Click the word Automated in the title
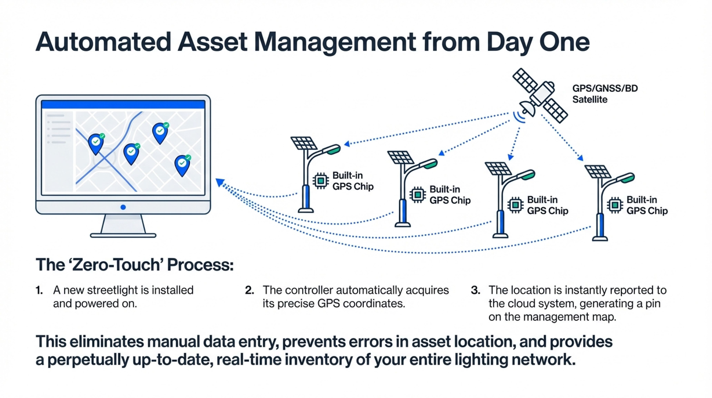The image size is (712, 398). click(x=104, y=42)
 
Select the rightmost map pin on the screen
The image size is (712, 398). click(x=182, y=165)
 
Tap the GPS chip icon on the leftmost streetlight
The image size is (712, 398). click(x=321, y=181)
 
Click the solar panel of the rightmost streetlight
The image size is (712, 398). click(x=598, y=172)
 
